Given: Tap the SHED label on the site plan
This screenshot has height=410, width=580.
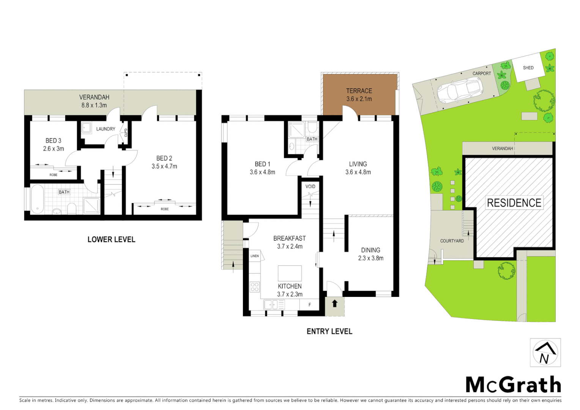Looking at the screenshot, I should pyautogui.click(x=528, y=68).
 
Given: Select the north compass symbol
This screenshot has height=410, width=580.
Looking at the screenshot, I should pyautogui.click(x=545, y=353).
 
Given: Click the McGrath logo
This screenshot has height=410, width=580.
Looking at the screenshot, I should pyautogui.click(x=513, y=385).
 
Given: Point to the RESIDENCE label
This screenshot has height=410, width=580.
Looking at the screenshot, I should pyautogui.click(x=514, y=203).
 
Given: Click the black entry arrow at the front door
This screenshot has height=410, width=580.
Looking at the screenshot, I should pyautogui.click(x=335, y=303).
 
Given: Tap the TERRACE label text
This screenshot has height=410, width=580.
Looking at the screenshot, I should pyautogui.click(x=359, y=91).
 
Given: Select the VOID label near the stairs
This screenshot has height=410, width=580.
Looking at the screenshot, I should pyautogui.click(x=310, y=186).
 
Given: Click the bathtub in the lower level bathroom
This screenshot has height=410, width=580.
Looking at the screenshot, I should pyautogui.click(x=37, y=199).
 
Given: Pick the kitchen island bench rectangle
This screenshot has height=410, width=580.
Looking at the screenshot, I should pyautogui.click(x=290, y=273).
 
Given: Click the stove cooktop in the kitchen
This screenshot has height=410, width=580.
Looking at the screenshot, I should pyautogui.click(x=255, y=287).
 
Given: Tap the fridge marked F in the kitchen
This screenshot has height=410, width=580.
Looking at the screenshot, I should pyautogui.click(x=310, y=304).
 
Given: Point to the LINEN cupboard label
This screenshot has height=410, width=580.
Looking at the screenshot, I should pyautogui.click(x=255, y=256).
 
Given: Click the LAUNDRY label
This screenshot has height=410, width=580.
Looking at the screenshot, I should pyautogui.click(x=106, y=129).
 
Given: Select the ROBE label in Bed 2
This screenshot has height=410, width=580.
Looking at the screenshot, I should pyautogui.click(x=165, y=209).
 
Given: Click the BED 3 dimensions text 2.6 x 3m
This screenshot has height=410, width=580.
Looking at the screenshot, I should pyautogui.click(x=54, y=149).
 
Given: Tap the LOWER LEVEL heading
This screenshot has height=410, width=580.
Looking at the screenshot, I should pyautogui.click(x=111, y=240).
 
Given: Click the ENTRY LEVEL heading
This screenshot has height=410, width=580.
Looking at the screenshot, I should pyautogui.click(x=329, y=331).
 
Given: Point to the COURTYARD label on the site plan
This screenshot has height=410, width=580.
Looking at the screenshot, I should pyautogui.click(x=452, y=241).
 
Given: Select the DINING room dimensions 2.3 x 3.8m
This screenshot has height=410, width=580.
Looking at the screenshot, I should pyautogui.click(x=370, y=258).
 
